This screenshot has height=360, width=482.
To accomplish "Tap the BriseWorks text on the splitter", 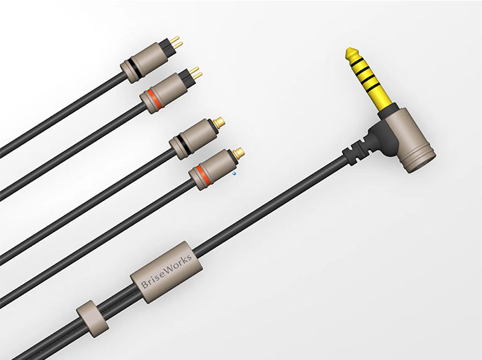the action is coord(167,271).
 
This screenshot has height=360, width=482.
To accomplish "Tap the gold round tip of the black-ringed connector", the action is coord(219,122).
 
